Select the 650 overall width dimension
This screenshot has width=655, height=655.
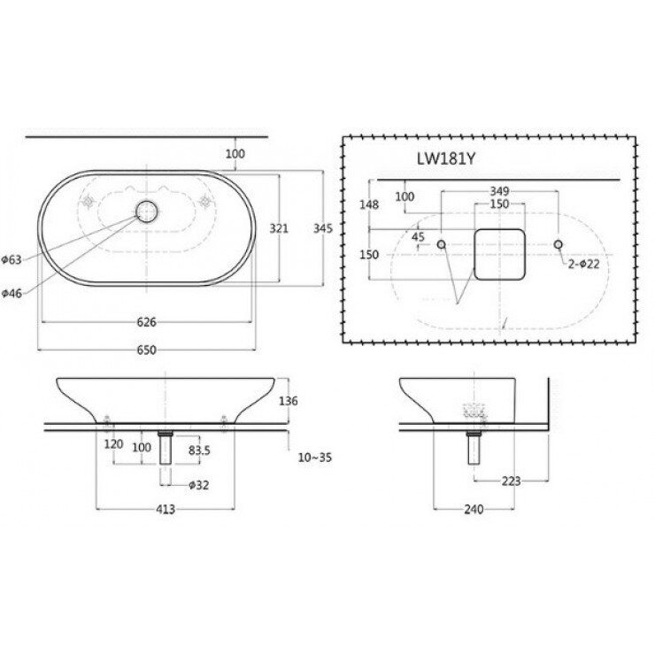[x=147, y=351]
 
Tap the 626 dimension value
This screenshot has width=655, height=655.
[x=147, y=322]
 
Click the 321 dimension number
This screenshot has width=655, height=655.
[x=279, y=228]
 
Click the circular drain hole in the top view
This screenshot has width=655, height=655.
[x=146, y=211]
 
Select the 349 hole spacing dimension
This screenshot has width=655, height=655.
[x=499, y=191]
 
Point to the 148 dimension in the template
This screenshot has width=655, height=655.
[x=370, y=204]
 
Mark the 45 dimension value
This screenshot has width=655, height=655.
[x=418, y=236]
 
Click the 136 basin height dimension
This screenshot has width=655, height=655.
[x=289, y=401]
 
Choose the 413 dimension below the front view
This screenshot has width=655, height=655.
[x=166, y=509]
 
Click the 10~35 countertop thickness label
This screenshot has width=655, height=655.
[x=316, y=458]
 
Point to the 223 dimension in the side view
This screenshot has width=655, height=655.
[x=511, y=482]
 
